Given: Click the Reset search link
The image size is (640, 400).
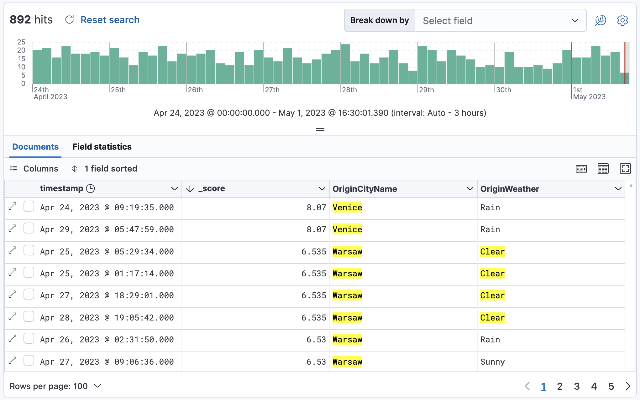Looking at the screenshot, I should point(109,20).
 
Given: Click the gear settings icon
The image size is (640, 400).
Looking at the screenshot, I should point(622,20).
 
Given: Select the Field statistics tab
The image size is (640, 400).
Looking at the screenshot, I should point(102,147).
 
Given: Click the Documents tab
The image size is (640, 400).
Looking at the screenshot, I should point(35,147).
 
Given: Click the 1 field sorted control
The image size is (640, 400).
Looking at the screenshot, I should point(110,169).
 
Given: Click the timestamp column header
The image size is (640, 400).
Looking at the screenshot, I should point(62,189).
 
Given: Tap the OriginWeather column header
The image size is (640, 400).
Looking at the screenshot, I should point(510,189).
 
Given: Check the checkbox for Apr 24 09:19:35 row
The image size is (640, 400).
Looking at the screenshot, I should point(29,207).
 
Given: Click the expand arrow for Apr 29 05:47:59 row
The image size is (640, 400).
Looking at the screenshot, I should point(13,228).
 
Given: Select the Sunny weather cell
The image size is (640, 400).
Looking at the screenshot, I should point(492,362).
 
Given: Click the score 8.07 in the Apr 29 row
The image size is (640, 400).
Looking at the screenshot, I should point(316,229).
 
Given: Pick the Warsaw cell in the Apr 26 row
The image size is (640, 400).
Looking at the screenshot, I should point(347,340).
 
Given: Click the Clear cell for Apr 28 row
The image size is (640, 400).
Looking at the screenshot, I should point(492,318).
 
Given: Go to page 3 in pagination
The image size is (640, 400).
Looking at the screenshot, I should point(577,386).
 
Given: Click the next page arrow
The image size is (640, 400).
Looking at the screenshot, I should point(628,386).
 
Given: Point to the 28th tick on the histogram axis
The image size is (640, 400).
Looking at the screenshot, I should point(349,90).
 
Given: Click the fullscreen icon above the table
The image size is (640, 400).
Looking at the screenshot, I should point(625,169).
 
